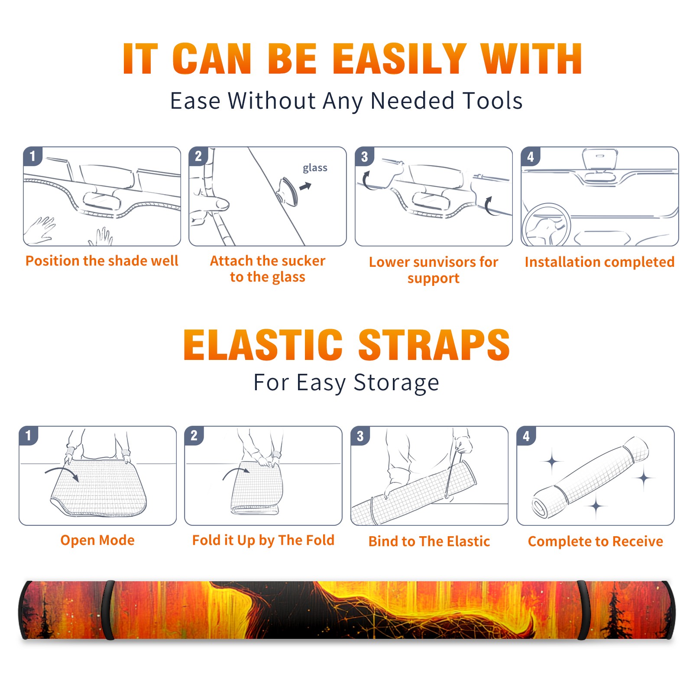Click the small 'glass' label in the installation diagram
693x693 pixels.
point(315,168)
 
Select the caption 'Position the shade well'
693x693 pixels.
point(102,261)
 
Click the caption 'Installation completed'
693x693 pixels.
point(599,262)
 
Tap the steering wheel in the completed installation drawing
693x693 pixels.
point(546,225)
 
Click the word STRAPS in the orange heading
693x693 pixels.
point(434,345)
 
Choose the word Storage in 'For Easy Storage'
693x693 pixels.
point(396,383)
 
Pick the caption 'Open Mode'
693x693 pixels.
point(97,540)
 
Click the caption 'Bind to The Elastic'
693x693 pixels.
point(429,541)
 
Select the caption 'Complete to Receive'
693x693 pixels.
point(596,541)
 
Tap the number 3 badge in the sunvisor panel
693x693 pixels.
point(364,157)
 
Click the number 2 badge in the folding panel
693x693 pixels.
point(194,436)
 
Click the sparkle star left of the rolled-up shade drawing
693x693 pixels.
point(552,462)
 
